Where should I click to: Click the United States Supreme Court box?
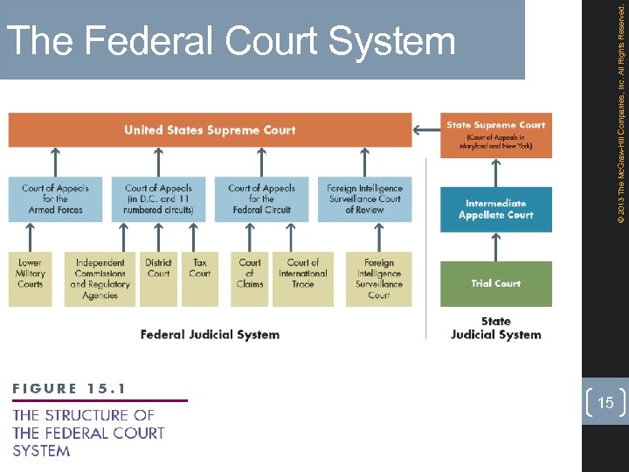pos(210,130)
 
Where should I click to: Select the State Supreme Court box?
pos(495,135)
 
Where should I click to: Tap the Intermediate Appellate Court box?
pos(495,210)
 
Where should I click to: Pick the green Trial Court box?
pos(495,283)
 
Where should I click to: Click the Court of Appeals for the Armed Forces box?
pos(55,199)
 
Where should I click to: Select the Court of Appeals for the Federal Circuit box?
pos(261,199)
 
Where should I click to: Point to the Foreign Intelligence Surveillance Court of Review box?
pos(364,199)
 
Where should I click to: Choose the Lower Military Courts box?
pos(30,279)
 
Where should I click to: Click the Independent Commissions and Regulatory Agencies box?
pos(100,279)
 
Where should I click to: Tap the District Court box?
pos(158,279)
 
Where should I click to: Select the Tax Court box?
pos(200,279)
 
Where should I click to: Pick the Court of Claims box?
pos(250,279)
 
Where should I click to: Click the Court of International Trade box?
pos(303,279)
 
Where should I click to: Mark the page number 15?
pos(606,402)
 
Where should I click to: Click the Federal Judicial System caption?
pos(210,334)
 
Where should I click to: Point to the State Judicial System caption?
pos(495,328)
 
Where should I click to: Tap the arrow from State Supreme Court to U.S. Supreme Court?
pos(426,130)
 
